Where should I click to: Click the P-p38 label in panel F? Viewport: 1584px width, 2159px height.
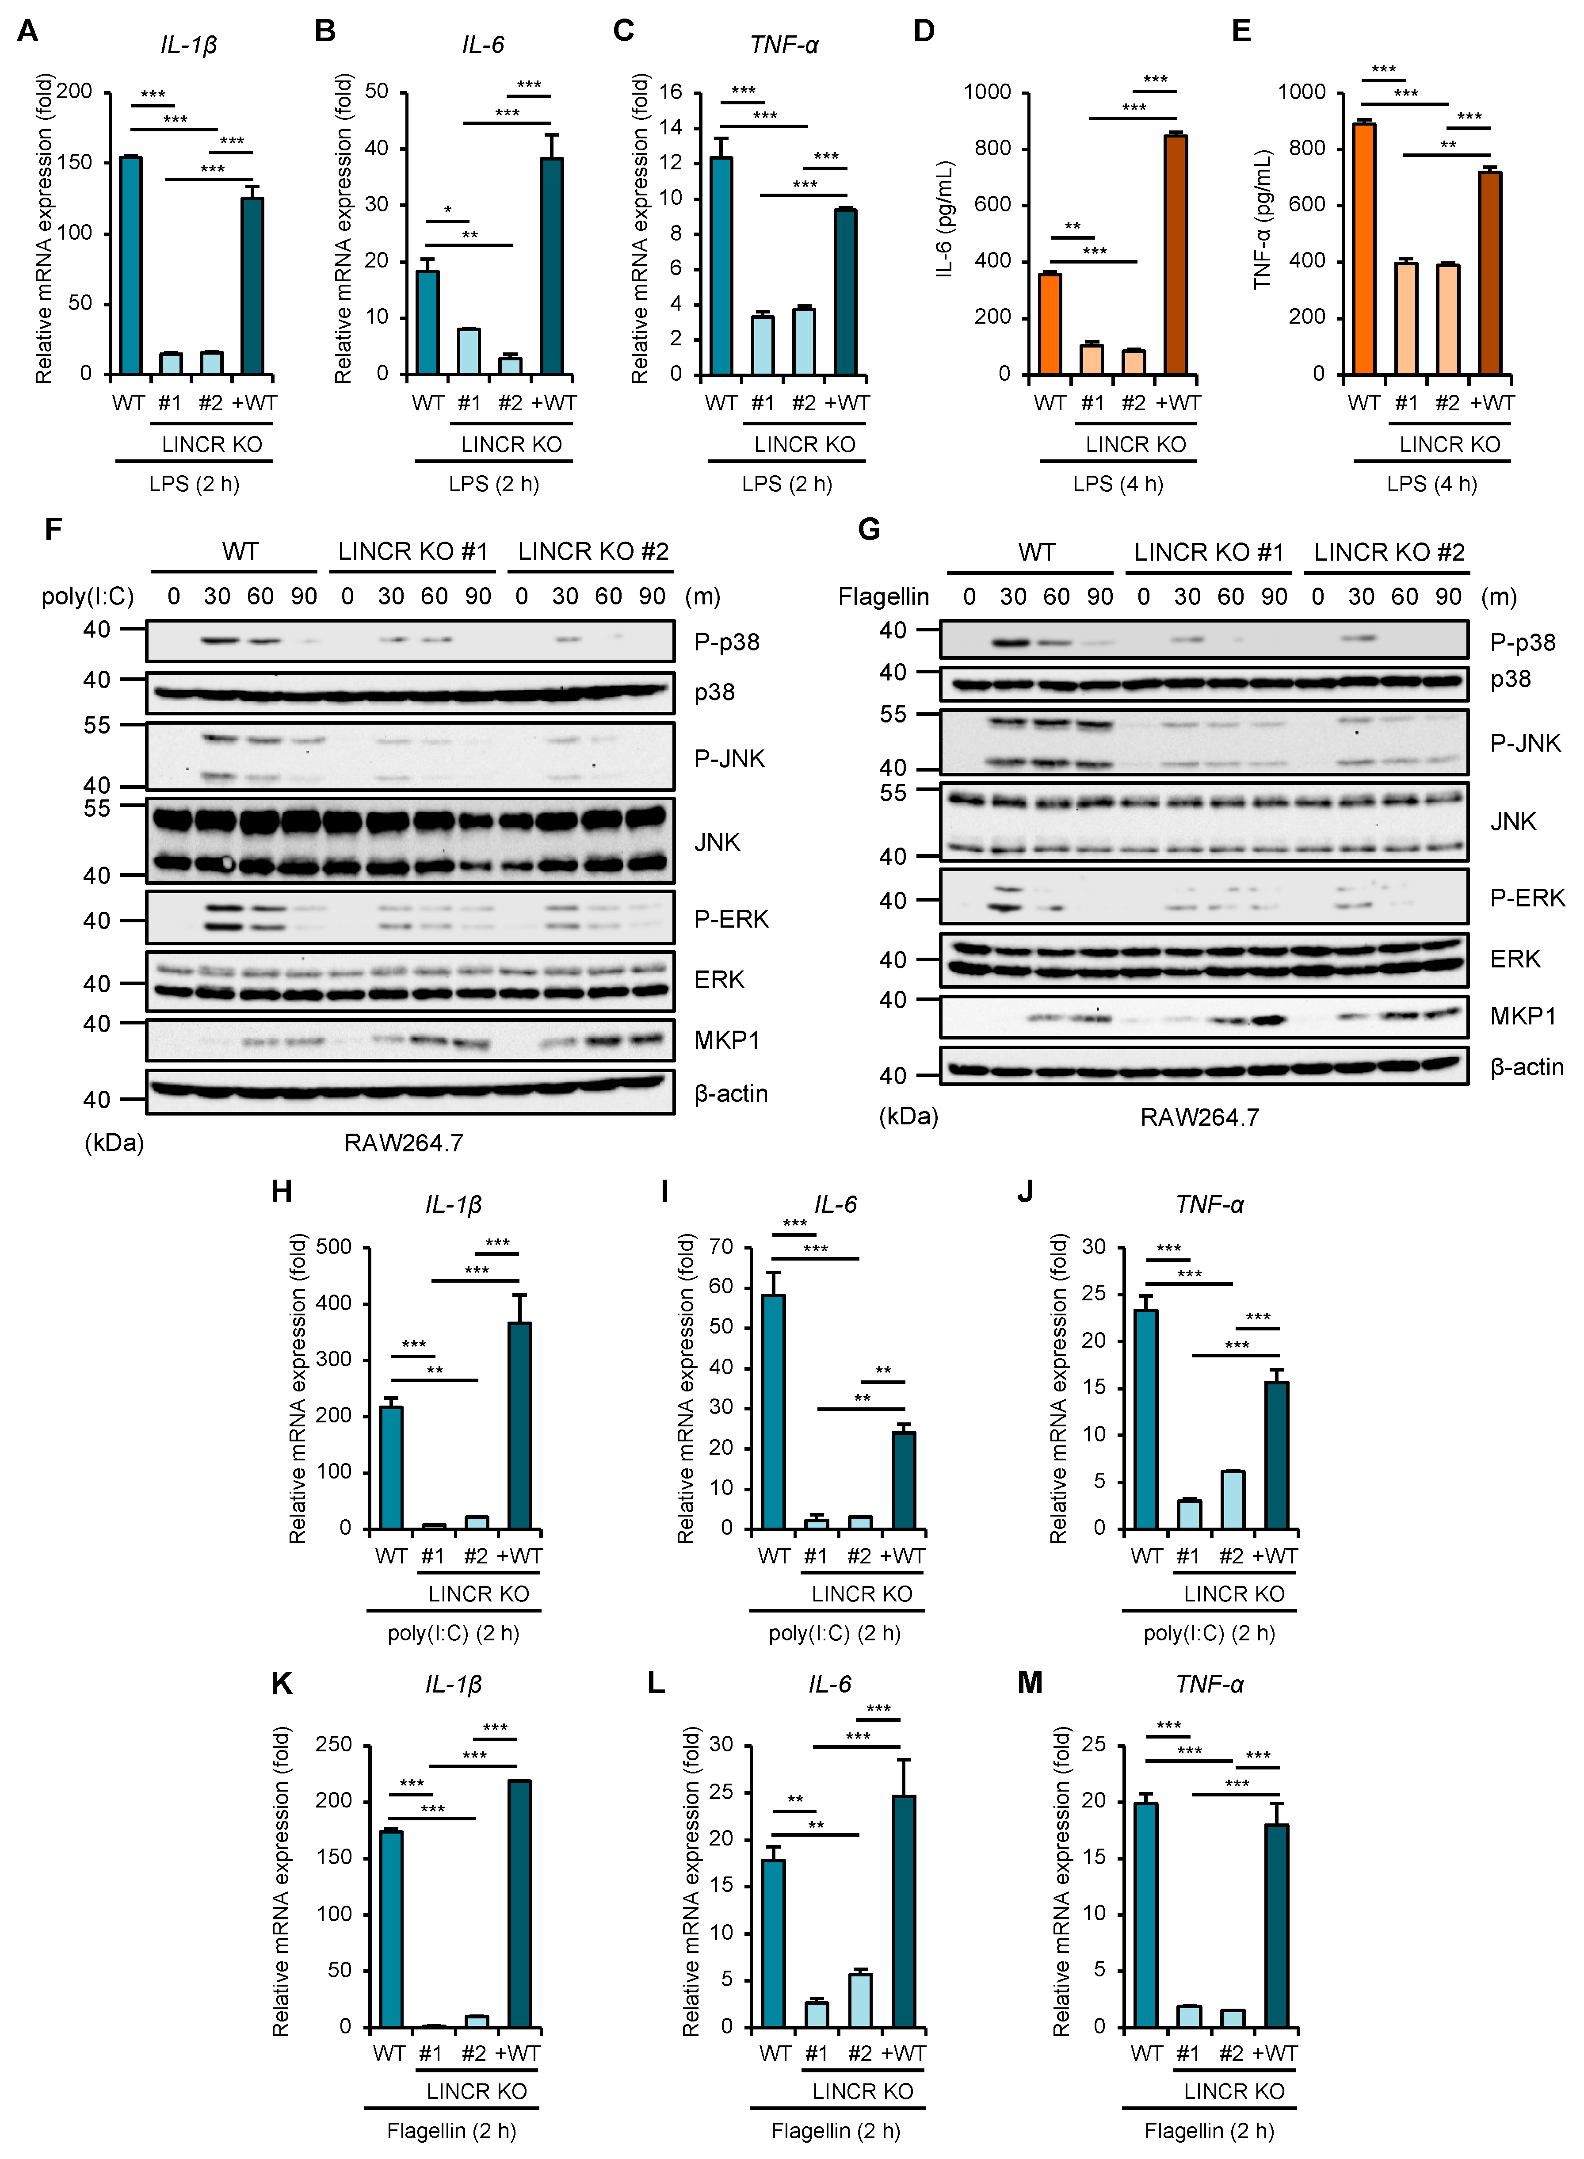coord(727,642)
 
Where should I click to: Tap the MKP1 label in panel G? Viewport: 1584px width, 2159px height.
coord(1523,1016)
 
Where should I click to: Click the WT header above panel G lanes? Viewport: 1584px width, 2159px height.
coord(1037,552)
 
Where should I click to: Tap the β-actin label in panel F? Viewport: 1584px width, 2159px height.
coord(731,1094)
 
